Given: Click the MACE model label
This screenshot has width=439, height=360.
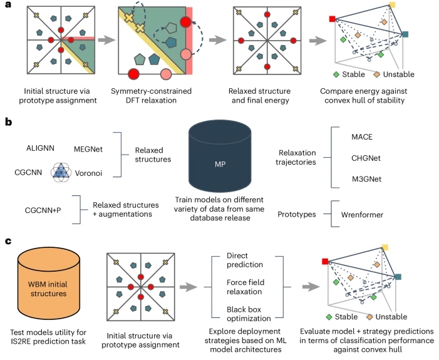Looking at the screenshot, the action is point(362,137).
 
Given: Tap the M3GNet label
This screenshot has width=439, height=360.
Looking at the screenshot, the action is point(366,179).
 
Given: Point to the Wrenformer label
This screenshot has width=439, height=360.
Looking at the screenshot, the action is point(362,215).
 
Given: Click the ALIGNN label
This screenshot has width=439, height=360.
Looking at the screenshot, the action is point(40,148).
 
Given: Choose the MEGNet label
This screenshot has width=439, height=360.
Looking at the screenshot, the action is point(88,149).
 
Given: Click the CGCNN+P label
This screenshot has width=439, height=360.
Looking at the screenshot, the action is point(43,210).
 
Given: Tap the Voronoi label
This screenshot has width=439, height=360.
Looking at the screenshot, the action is point(88,173).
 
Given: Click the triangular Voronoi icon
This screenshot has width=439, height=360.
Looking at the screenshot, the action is point(61,172).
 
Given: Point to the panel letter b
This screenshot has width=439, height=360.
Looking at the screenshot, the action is point(8,122).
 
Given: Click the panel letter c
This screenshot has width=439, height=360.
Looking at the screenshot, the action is point(8,241).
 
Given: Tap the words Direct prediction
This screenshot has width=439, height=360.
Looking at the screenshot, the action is point(245,260).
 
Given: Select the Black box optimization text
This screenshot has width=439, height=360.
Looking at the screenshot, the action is point(249,314).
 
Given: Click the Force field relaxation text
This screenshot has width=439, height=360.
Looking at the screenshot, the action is point(245,287).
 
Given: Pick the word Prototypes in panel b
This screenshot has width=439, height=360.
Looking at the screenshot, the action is point(296,214).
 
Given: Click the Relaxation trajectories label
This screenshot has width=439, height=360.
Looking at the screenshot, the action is point(296,157).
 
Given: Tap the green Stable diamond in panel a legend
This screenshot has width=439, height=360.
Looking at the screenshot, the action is point(336,75).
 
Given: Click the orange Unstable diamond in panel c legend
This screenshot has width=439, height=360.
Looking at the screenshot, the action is point(369,317).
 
